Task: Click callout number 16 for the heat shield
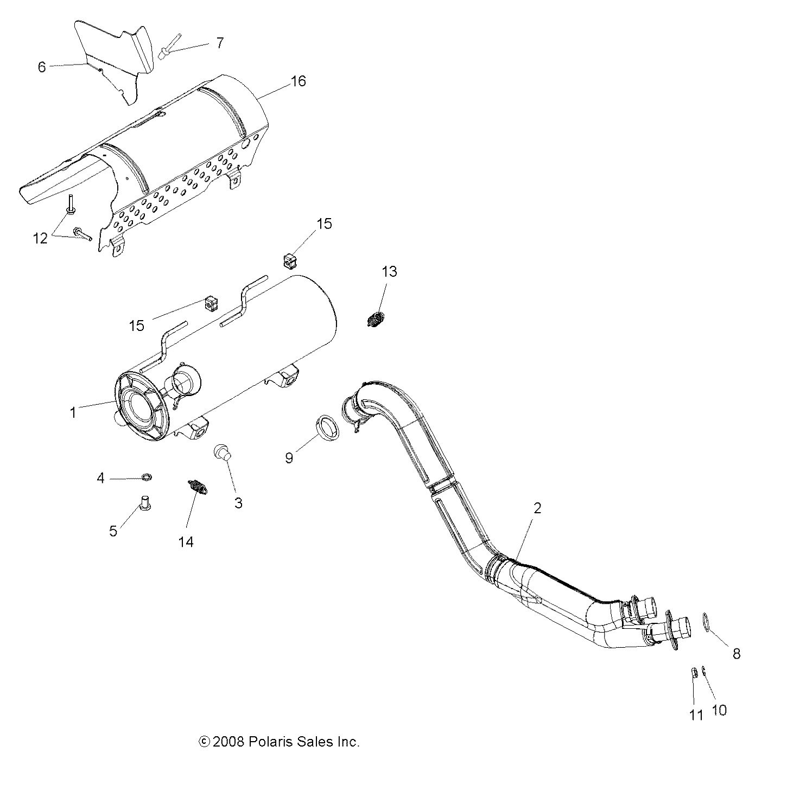[x=298, y=81]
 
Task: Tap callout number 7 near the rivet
[x=219, y=43]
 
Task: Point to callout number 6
[x=42, y=67]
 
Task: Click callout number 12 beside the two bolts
[x=41, y=238]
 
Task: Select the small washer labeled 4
[x=146, y=477]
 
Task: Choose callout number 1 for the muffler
[x=73, y=412]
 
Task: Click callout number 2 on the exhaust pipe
[x=537, y=508]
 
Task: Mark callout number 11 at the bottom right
[x=696, y=716]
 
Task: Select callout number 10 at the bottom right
[x=719, y=710]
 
